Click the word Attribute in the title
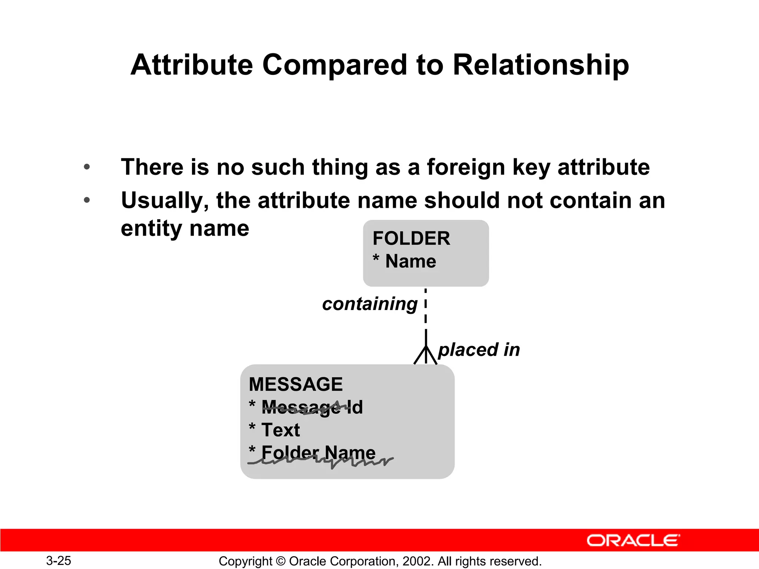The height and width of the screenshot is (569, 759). click(192, 65)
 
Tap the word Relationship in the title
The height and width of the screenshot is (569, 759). click(541, 65)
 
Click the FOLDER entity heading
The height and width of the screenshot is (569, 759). click(411, 238)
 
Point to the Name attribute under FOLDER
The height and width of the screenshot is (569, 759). click(410, 261)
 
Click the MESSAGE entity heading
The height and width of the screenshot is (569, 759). click(295, 384)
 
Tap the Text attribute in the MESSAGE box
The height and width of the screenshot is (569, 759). click(280, 430)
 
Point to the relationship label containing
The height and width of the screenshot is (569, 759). click(369, 304)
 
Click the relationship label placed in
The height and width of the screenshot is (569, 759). click(479, 350)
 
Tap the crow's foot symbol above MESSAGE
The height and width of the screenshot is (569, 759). click(425, 355)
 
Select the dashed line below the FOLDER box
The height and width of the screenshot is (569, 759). click(425, 307)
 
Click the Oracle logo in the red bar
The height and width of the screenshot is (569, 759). click(633, 540)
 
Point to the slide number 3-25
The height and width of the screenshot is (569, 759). click(59, 560)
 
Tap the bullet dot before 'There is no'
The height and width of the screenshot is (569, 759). click(87, 167)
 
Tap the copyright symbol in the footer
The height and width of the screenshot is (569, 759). click(281, 561)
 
